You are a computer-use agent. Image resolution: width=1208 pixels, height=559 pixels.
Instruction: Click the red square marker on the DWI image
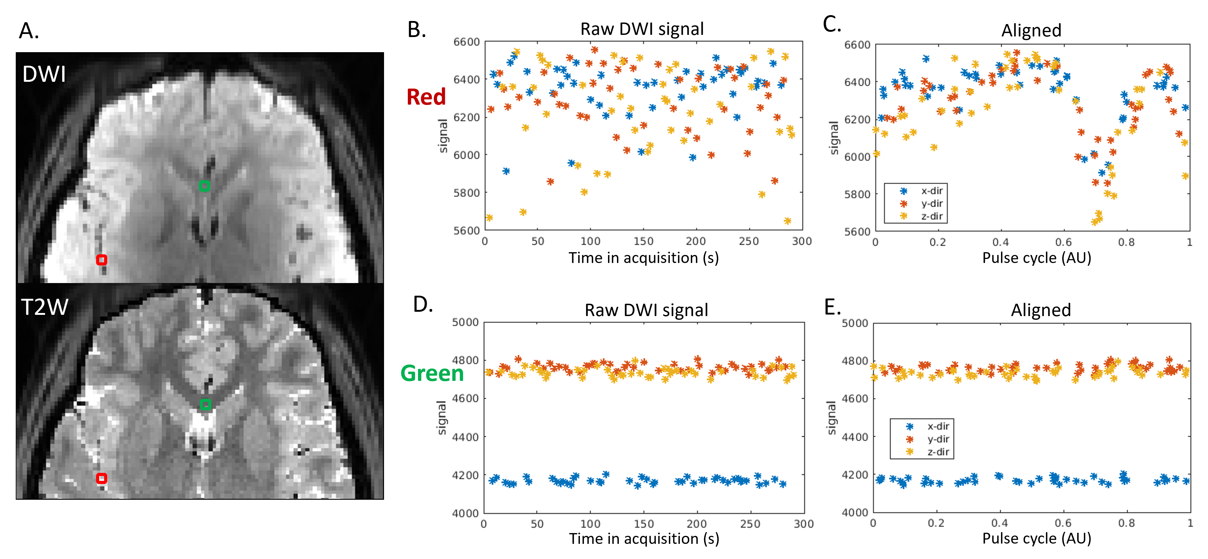pyautogui.click(x=101, y=260)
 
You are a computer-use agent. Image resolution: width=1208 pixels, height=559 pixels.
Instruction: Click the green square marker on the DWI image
pyautogui.click(x=204, y=186)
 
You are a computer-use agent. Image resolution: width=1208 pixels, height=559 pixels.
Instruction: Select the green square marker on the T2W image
pyautogui.click(x=205, y=404)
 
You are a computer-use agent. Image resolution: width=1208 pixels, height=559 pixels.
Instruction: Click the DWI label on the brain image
pyautogui.click(x=44, y=74)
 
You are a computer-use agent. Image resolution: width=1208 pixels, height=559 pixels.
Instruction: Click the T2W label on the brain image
pyautogui.click(x=45, y=307)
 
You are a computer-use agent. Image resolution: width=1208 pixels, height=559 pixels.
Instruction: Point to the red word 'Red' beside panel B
pyautogui.click(x=426, y=97)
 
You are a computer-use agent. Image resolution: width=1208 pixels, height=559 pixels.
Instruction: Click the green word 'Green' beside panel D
pyautogui.click(x=432, y=373)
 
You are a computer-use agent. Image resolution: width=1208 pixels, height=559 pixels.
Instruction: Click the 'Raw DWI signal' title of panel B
pyautogui.click(x=642, y=29)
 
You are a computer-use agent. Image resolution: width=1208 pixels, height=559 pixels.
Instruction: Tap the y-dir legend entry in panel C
pyautogui.click(x=931, y=203)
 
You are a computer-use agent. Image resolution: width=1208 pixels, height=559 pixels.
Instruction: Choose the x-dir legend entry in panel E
pyautogui.click(x=938, y=426)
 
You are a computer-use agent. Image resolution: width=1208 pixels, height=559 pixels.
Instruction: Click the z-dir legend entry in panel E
pyautogui.click(x=938, y=452)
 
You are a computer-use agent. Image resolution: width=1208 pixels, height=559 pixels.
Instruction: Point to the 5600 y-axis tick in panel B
pyautogui.click(x=466, y=230)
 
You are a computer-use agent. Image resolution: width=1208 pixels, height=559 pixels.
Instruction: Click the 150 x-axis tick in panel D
pyautogui.click(x=643, y=524)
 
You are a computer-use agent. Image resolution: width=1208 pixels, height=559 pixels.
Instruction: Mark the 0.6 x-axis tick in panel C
pyautogui.click(x=1063, y=242)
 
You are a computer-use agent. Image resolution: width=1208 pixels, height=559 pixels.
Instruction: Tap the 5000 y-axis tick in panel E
pyautogui.click(x=855, y=323)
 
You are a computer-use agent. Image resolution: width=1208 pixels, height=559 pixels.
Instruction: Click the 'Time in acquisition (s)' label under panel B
pyautogui.click(x=643, y=258)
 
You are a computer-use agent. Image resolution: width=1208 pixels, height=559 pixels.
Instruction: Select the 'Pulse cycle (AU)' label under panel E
pyautogui.click(x=1036, y=538)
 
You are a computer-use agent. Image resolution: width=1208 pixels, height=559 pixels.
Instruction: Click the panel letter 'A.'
pyautogui.click(x=29, y=31)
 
